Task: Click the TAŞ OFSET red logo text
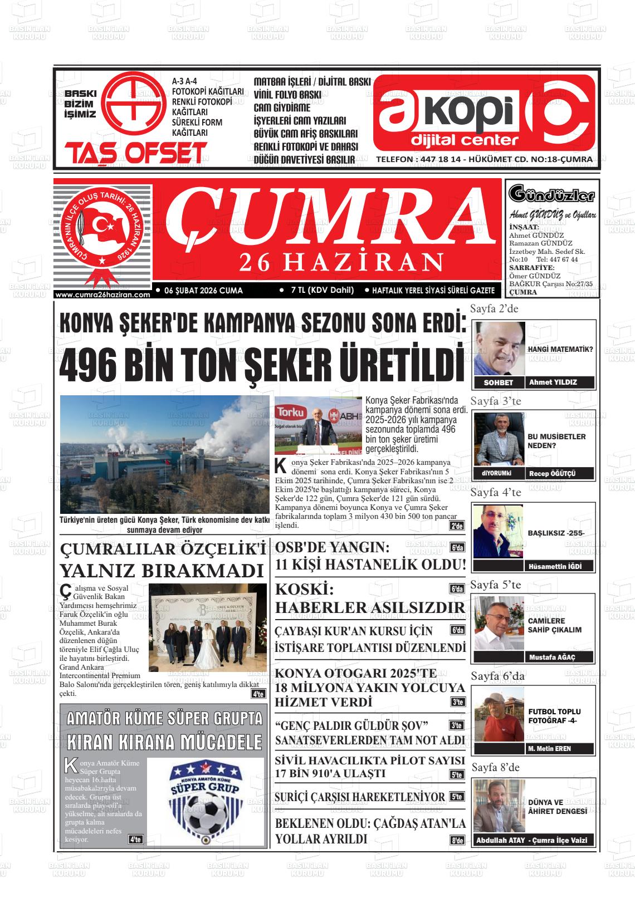[136, 153]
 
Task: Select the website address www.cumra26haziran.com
[103, 295]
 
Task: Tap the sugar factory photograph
[164, 454]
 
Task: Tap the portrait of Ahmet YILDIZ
[499, 349]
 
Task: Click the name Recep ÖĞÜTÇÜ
[551, 473]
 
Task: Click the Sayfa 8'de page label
[495, 767]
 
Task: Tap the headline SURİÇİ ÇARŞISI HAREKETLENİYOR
[360, 797]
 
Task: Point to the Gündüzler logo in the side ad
[551, 195]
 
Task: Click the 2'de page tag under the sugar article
[457, 526]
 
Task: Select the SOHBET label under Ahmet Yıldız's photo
[498, 382]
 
